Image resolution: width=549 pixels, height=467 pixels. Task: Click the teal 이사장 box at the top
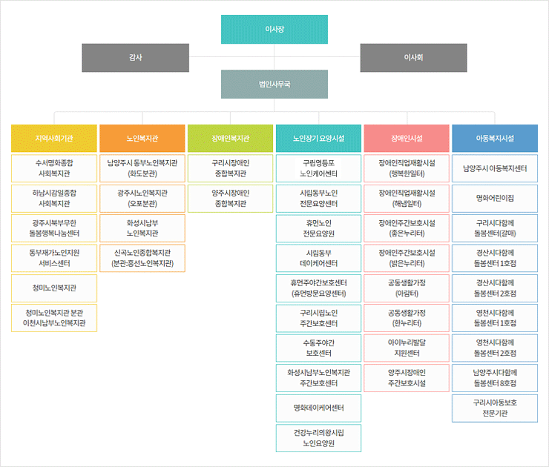point(274,29)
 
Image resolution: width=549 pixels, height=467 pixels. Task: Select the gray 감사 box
point(135,58)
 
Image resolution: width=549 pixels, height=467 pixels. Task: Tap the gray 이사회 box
point(413,58)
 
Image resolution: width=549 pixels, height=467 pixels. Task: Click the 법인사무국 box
point(274,85)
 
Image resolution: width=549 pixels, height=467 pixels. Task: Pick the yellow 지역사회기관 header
point(54,139)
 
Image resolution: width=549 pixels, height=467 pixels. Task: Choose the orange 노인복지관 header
point(142,139)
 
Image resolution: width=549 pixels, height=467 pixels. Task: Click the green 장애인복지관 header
point(230,139)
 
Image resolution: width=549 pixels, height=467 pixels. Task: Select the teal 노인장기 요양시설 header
point(318,139)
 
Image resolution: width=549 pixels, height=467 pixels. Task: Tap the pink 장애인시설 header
point(407,139)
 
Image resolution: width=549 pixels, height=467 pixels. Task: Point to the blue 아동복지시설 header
point(495,139)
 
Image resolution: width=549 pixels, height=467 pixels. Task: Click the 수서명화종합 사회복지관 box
point(54,168)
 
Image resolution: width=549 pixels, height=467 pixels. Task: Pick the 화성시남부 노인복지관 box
point(142,228)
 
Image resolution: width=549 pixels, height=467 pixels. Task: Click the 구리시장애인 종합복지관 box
point(230,168)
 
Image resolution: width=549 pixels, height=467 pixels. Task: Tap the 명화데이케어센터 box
point(318,408)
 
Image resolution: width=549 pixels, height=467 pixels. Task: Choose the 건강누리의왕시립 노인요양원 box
point(318,438)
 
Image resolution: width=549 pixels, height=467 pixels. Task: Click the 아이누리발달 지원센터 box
point(407,348)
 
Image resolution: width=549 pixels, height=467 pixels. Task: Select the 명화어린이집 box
point(495,199)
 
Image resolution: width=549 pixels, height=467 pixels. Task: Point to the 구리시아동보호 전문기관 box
point(495,408)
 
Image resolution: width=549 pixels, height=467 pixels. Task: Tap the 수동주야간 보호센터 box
point(318,348)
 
